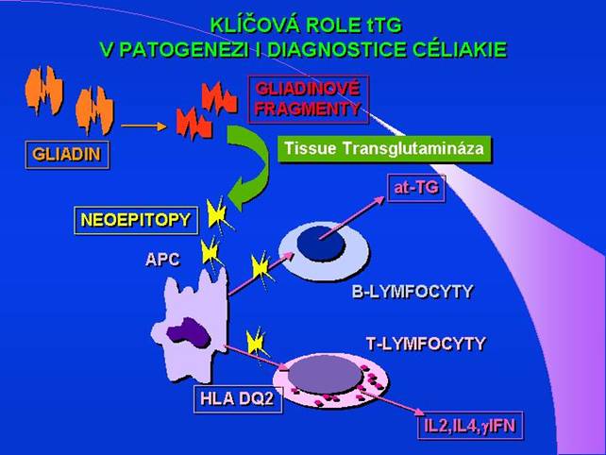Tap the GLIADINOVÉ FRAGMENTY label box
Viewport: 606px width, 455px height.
tap(307, 99)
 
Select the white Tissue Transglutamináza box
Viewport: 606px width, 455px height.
tap(385, 149)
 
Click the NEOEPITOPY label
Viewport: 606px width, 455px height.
tap(136, 221)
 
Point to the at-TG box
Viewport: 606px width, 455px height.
tap(415, 189)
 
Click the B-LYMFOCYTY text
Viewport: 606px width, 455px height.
tap(411, 293)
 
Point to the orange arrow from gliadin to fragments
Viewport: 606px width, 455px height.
tap(143, 124)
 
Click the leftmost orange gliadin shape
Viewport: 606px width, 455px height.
tap(46, 90)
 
